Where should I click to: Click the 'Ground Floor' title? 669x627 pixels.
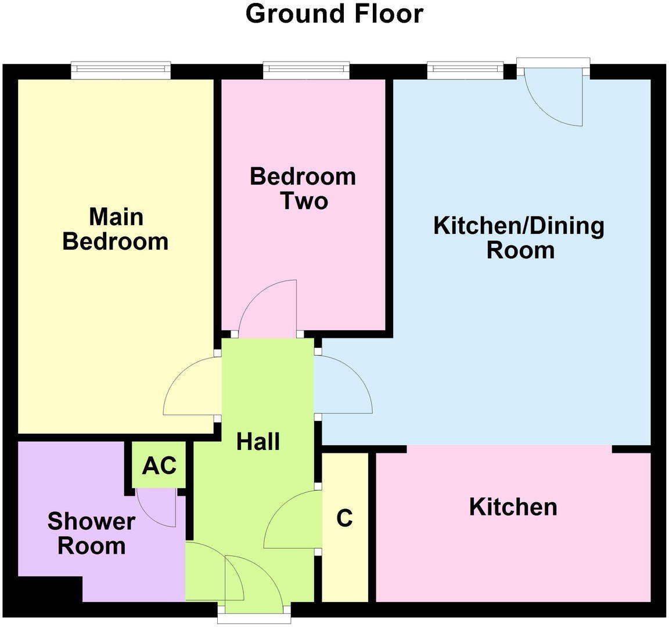point(334,14)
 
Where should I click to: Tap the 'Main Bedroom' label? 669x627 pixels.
point(116,229)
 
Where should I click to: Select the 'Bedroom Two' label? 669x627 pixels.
point(303,188)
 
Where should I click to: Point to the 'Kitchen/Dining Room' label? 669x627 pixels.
point(519,237)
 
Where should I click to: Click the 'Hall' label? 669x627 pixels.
point(258,442)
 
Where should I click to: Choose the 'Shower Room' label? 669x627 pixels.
point(91,534)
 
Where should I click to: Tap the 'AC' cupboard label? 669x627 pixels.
point(159,465)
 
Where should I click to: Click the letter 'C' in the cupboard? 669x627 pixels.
point(344,518)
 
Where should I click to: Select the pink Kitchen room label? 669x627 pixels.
point(513,507)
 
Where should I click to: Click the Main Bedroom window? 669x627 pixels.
point(121,70)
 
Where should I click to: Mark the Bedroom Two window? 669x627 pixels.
point(306,70)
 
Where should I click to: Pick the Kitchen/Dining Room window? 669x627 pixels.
point(465,70)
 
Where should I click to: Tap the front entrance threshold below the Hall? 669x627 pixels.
point(254,617)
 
